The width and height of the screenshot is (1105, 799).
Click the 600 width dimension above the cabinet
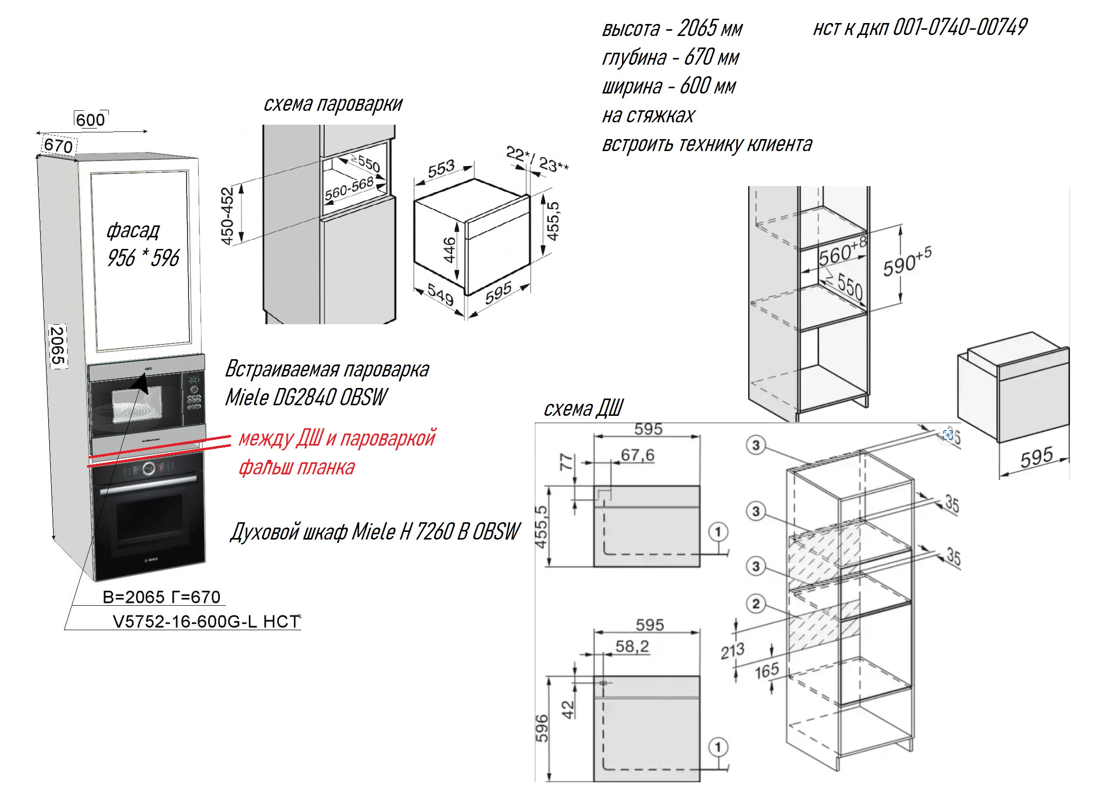[91, 120]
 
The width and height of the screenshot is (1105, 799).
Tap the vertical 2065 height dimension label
[58, 345]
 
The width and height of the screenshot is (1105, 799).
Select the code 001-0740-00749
[960, 27]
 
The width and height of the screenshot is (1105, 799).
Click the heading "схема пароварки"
[333, 104]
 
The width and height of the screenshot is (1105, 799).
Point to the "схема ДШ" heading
[583, 408]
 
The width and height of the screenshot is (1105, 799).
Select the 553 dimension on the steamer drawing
[441, 168]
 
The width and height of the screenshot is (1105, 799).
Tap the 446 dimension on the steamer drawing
[449, 250]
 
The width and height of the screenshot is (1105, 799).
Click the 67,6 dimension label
[637, 455]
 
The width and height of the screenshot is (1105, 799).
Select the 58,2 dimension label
[632, 646]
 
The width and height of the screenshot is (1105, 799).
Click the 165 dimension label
[766, 671]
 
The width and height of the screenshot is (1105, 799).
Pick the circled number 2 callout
[755, 604]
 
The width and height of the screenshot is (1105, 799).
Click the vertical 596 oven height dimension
[542, 728]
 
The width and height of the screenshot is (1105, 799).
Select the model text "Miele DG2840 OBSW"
[306, 398]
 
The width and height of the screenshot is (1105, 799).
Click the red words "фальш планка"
[296, 467]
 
